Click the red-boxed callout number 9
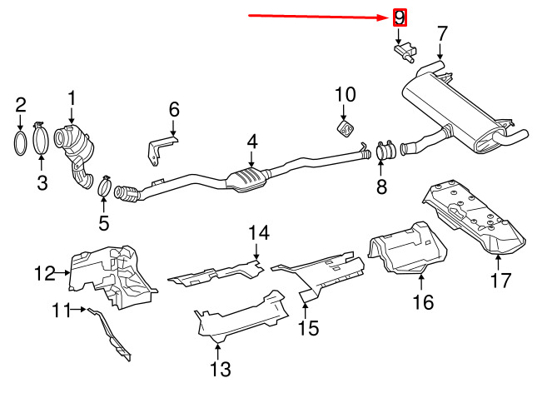pos(400,17)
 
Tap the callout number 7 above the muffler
pos(442,33)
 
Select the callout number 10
pos(346,95)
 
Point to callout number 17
pos(501,281)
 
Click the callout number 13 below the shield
pos(220,370)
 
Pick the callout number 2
pos(21,105)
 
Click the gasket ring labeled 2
pos(20,143)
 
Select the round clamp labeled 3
pos(41,138)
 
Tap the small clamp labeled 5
pos(105,186)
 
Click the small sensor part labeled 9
pos(405,52)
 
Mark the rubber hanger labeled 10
pos(346,128)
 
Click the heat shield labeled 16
pos(408,250)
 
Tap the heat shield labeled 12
pos(112,276)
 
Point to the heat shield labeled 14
pos(216,274)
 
